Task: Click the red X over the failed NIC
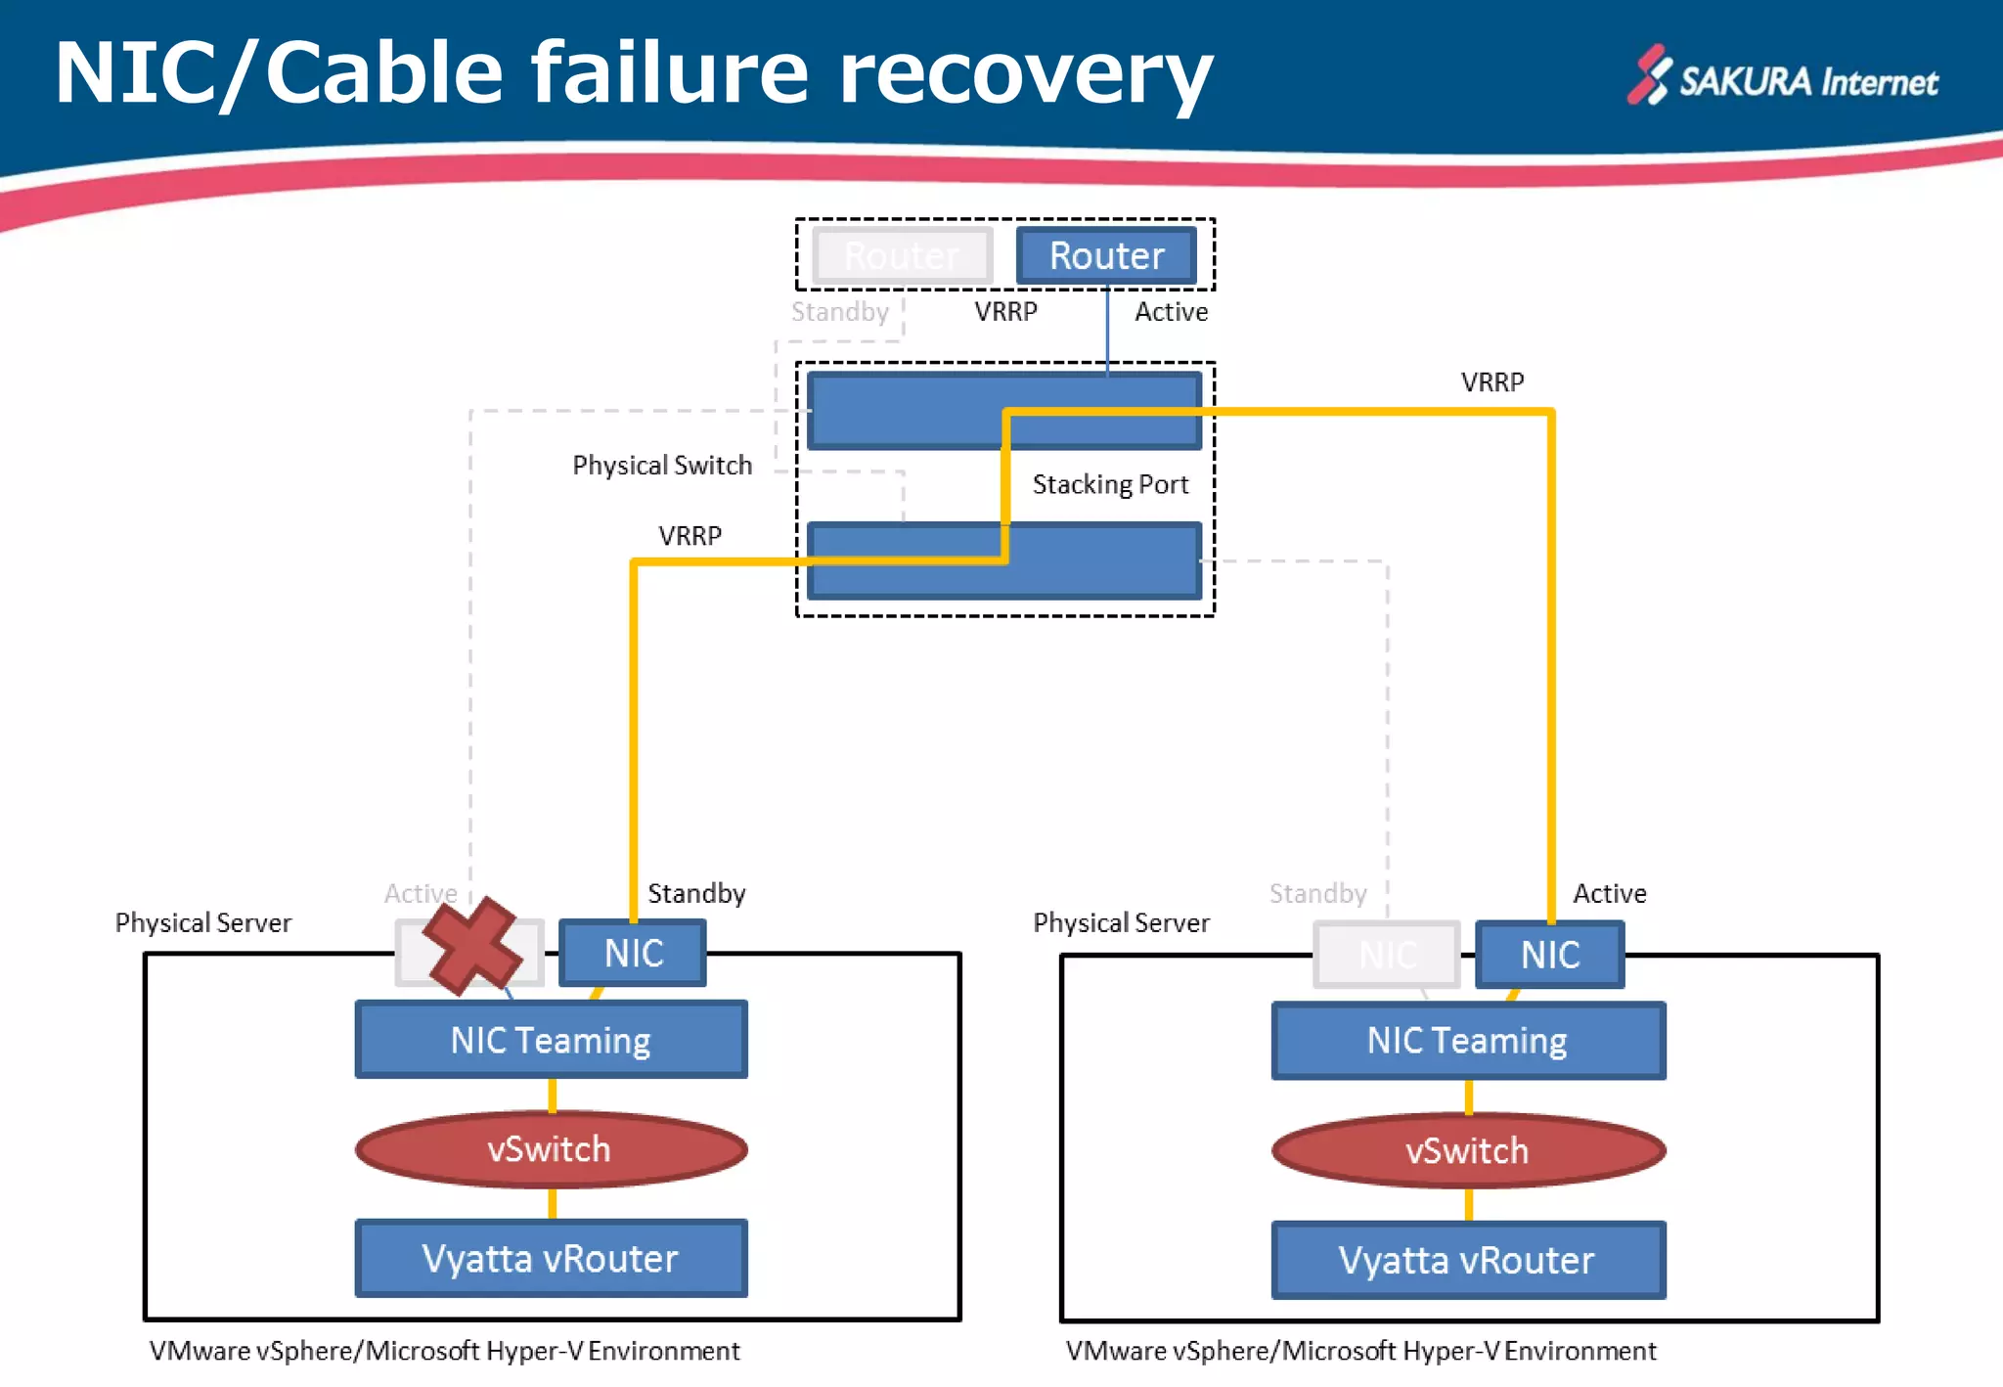(471, 946)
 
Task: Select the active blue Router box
(1106, 255)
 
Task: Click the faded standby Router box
(902, 255)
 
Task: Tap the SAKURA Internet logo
(1783, 77)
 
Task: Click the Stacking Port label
(1110, 484)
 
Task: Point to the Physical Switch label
(662, 465)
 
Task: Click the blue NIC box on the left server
(633, 953)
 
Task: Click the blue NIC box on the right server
(1549, 955)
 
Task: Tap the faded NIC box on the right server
(1387, 955)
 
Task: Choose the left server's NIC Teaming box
(551, 1040)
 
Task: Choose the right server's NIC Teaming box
(1467, 1041)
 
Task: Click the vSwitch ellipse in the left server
(551, 1149)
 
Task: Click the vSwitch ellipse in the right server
(1467, 1150)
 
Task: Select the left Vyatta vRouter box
(551, 1258)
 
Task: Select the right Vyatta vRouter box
(1467, 1260)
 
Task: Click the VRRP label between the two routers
(1005, 312)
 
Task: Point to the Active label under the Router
(1171, 312)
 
